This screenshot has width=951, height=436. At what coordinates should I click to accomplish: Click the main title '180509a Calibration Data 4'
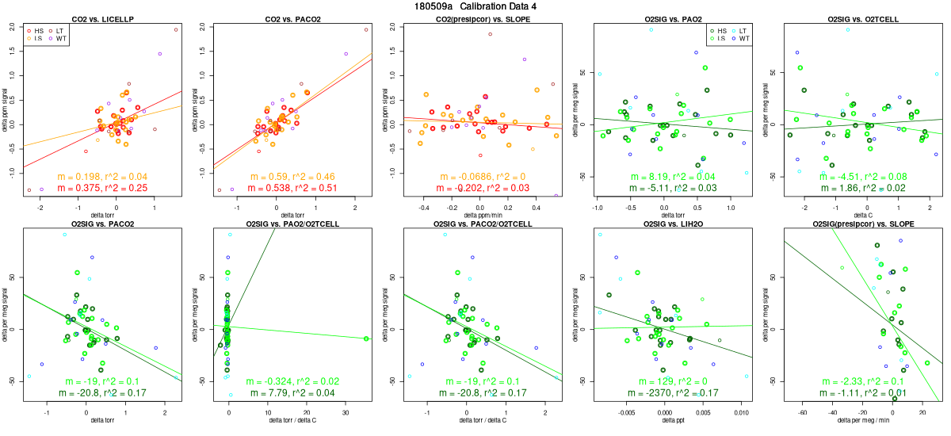point(475,6)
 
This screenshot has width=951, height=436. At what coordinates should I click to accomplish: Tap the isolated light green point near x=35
point(366,338)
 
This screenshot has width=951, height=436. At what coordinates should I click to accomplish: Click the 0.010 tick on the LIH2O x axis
point(742,413)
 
